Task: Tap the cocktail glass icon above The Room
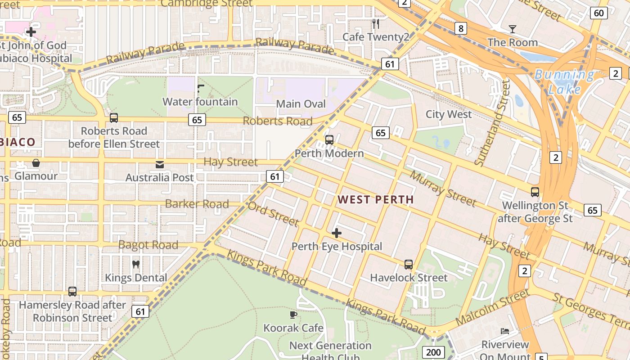coord(512,29)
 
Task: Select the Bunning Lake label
coord(565,82)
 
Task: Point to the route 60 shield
coord(598,13)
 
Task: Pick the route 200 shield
coord(433,352)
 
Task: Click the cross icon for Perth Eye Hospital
coord(336,233)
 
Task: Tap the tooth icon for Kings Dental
coord(135,264)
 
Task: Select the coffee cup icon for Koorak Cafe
coord(293,315)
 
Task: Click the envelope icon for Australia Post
coord(160,164)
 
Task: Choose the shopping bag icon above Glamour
coord(36,162)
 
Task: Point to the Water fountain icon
coord(201,88)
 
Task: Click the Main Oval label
coord(301,104)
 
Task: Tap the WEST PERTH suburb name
coord(375,199)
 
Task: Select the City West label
coord(449,114)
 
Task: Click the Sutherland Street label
coord(494,123)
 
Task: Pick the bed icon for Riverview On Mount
coord(505,331)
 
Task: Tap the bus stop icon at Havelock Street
coord(409,264)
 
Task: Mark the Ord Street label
coord(273,214)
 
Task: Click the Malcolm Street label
coord(492,308)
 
